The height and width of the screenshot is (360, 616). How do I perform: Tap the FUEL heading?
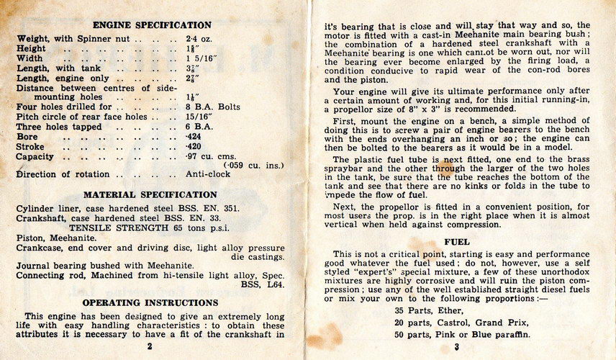pyautogui.click(x=457, y=242)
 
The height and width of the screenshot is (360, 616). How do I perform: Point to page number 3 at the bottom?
pyautogui.click(x=457, y=347)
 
